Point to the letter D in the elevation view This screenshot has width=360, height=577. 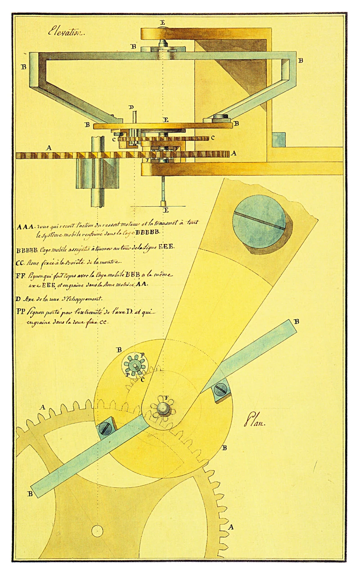[x=131, y=108]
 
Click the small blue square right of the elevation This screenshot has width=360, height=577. [x=279, y=139]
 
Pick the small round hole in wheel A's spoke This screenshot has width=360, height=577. [x=97, y=531]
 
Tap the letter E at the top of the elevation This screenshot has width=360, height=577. [x=162, y=22]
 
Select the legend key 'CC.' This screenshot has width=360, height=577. [x=20, y=261]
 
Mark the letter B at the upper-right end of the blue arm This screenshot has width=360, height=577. [x=296, y=321]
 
